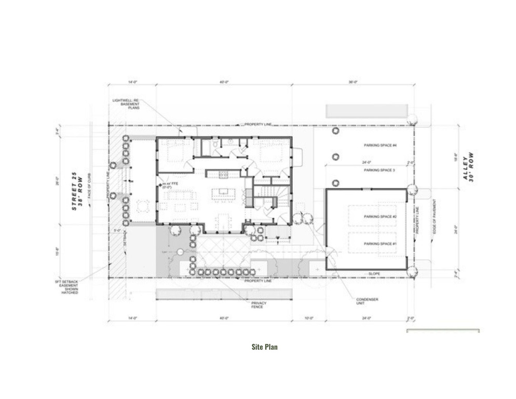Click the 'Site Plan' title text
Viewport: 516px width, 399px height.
(264, 347)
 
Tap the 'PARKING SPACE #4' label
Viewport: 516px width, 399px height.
(380, 145)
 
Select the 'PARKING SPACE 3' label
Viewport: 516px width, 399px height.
(379, 170)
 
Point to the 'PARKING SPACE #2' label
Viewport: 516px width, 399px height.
(380, 216)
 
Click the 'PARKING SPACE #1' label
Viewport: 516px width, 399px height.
(380, 244)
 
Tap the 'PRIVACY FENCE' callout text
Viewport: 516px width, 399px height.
(257, 304)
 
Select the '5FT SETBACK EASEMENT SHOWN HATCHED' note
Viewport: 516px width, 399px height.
(69, 287)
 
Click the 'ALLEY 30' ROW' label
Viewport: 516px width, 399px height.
(468, 166)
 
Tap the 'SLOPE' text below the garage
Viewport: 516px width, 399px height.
(374, 273)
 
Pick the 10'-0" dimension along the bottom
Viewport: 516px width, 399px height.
(308, 318)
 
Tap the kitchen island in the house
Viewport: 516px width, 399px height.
(223, 193)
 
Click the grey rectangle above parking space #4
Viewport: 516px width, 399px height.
(366, 111)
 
